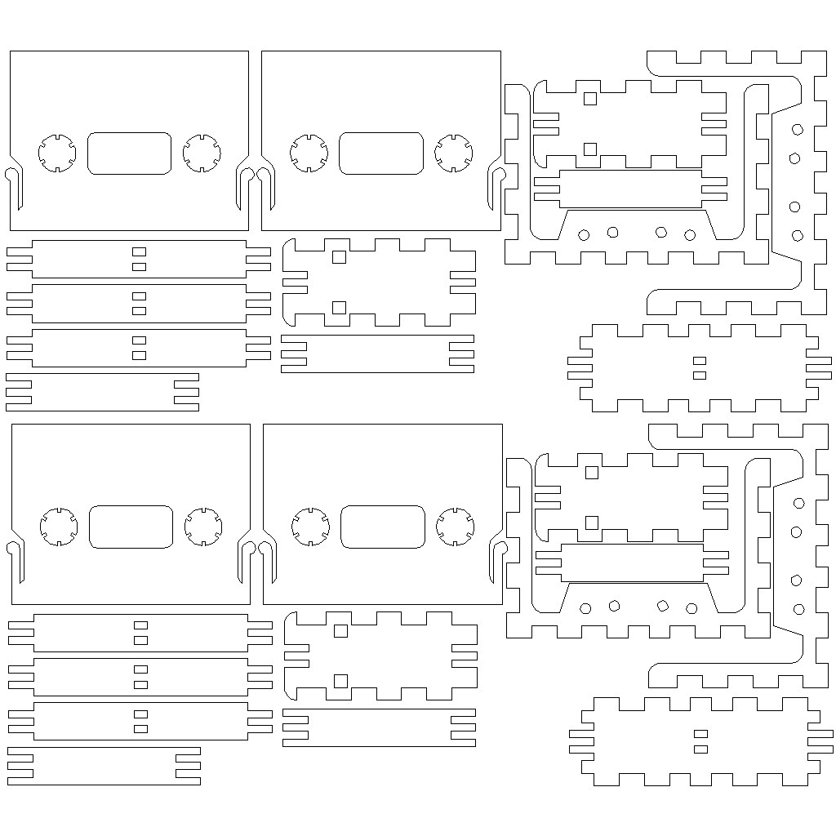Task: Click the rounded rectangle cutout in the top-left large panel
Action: coord(129,153)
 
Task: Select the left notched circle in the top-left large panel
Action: coord(57,153)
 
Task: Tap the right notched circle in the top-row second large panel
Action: coord(454,153)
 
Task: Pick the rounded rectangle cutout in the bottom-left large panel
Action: coord(131,527)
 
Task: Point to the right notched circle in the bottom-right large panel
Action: coord(456,527)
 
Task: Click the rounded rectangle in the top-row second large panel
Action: coord(381,153)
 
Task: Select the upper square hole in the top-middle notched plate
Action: coord(340,257)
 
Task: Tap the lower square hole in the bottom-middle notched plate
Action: coord(341,681)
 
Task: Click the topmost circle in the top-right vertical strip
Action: coord(797,129)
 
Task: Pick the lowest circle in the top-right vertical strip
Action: coord(798,236)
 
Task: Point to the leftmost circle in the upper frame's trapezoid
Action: coord(584,235)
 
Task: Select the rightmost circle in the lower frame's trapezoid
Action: coord(691,608)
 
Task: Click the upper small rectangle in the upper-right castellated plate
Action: coord(699,360)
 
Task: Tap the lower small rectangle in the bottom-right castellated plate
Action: coord(700,749)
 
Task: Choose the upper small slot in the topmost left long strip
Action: coord(140,251)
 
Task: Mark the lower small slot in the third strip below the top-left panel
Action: coord(140,355)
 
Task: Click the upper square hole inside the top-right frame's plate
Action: coord(590,99)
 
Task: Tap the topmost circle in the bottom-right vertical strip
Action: coord(798,503)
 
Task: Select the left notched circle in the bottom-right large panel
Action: coord(310,527)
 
